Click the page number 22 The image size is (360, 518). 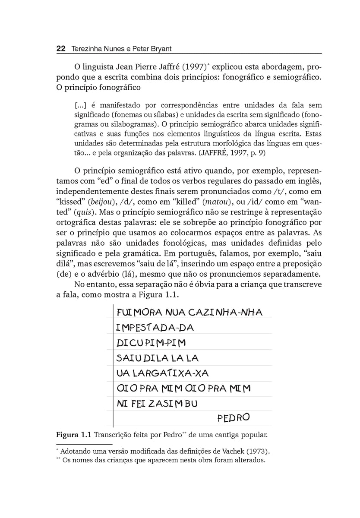(x=60, y=49)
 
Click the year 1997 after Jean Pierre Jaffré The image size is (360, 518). (x=184, y=68)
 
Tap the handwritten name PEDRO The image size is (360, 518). (x=234, y=418)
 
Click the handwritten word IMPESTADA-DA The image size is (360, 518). (x=155, y=328)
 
